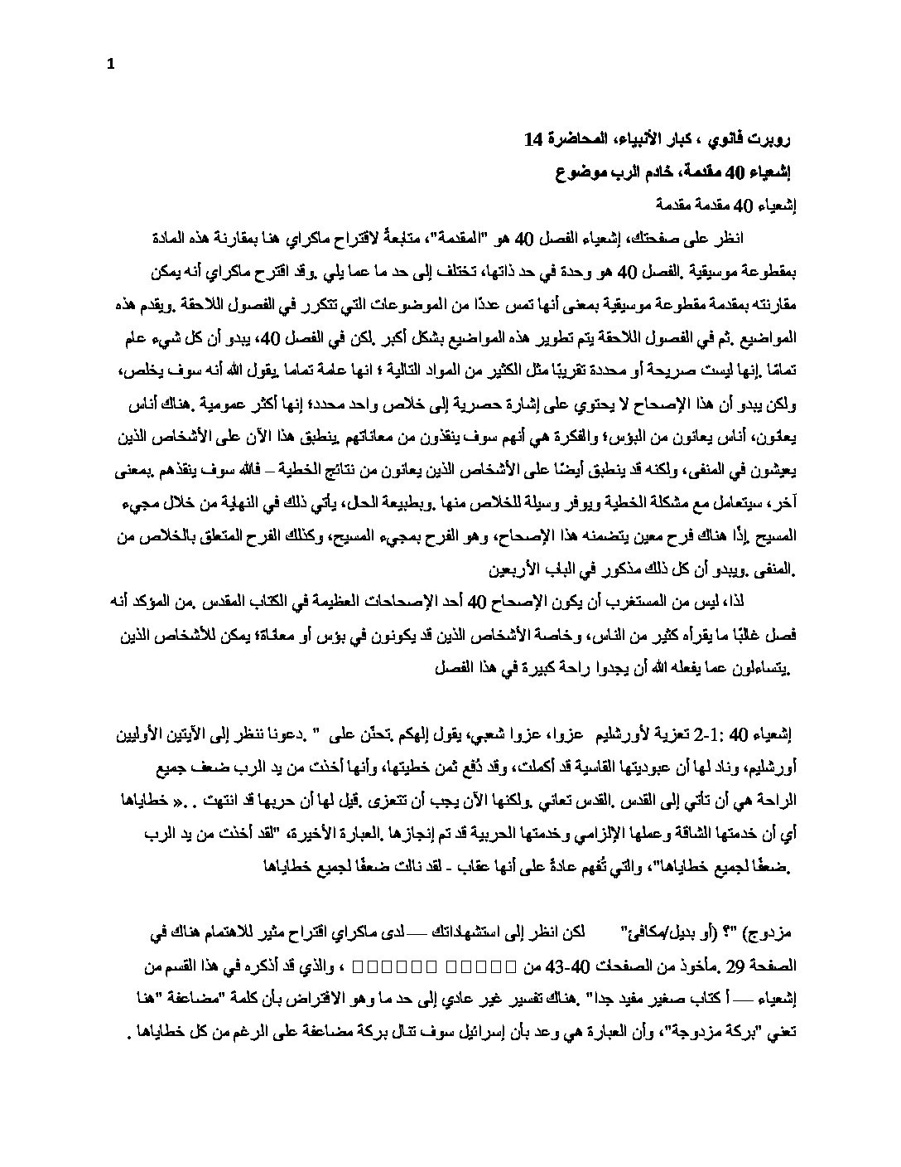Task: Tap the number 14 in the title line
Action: tap(534, 139)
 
